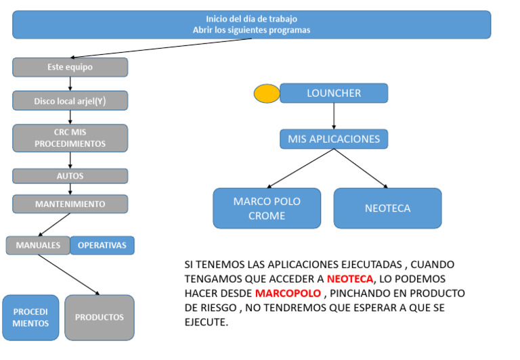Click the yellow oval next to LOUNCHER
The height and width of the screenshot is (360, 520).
click(x=267, y=93)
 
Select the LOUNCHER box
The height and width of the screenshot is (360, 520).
click(x=334, y=93)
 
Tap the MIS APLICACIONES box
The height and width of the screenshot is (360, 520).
click(x=334, y=139)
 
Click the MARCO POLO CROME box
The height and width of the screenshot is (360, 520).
click(x=267, y=208)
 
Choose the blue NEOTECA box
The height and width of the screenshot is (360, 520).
click(x=387, y=208)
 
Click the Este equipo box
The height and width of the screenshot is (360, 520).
click(x=70, y=67)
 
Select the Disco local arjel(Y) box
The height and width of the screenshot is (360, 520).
click(x=70, y=100)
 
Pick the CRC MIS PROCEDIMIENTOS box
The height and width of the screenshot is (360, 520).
click(x=70, y=138)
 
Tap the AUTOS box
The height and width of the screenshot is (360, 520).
click(x=70, y=176)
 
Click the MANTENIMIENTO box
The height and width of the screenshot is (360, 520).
click(x=70, y=204)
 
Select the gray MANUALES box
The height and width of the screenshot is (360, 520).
click(x=38, y=246)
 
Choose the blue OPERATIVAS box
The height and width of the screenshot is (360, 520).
click(x=102, y=246)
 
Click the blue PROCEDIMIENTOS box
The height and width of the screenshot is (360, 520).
click(x=30, y=317)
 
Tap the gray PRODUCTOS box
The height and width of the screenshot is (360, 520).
click(x=100, y=317)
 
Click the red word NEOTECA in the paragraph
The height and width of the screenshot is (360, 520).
click(x=350, y=279)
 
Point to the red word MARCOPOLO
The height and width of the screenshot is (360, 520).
click(x=288, y=294)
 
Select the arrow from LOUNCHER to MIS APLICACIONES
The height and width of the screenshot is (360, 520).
click(x=334, y=116)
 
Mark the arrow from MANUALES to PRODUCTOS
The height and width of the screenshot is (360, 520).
click(x=68, y=275)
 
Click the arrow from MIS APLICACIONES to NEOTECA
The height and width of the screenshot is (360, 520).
click(x=360, y=168)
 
